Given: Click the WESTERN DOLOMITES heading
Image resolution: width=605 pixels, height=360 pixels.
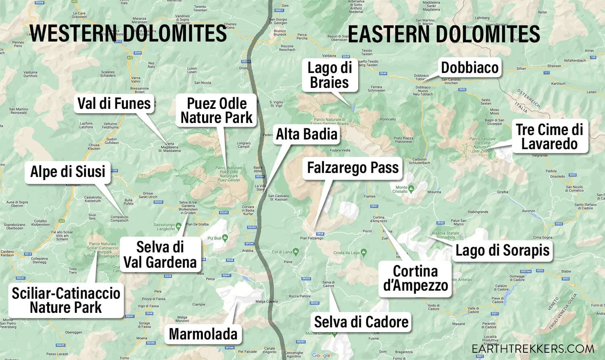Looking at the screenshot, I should coord(128,33).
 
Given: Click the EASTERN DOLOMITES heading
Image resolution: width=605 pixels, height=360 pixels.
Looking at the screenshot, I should coord(444,34).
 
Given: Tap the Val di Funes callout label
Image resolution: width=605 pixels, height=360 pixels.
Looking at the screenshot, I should coord(114,104).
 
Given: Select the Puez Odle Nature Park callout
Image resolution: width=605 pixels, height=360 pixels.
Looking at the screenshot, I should coord(217,110).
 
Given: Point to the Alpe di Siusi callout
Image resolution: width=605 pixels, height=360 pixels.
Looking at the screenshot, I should coord(68,172).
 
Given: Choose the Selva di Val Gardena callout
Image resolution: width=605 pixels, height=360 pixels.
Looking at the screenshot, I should coord(160,254).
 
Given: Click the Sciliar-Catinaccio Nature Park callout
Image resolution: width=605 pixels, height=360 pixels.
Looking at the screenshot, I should coord(66,300).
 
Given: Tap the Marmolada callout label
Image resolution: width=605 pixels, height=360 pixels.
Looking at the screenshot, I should coord(203,334).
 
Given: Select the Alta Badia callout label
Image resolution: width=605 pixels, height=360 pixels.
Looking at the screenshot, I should coord(307,134).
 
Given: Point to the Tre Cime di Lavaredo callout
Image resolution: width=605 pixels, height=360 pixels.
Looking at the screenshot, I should coord(549,137).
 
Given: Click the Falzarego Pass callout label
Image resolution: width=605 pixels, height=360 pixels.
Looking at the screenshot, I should coord(353,168).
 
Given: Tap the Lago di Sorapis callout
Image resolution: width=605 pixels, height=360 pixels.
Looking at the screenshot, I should coord(503,250).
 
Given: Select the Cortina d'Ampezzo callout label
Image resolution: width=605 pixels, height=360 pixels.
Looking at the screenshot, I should coord(415,278).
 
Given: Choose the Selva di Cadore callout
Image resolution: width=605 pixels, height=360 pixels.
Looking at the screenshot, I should coord(361,322).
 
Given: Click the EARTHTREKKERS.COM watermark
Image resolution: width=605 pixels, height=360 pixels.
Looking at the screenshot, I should coord(533,349).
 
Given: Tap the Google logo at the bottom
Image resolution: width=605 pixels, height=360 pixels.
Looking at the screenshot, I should coord(321,355).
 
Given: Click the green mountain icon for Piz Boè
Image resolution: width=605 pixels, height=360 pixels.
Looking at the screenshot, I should coord(225,238).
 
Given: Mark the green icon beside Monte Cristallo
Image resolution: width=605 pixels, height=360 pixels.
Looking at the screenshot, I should coord(411,188).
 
